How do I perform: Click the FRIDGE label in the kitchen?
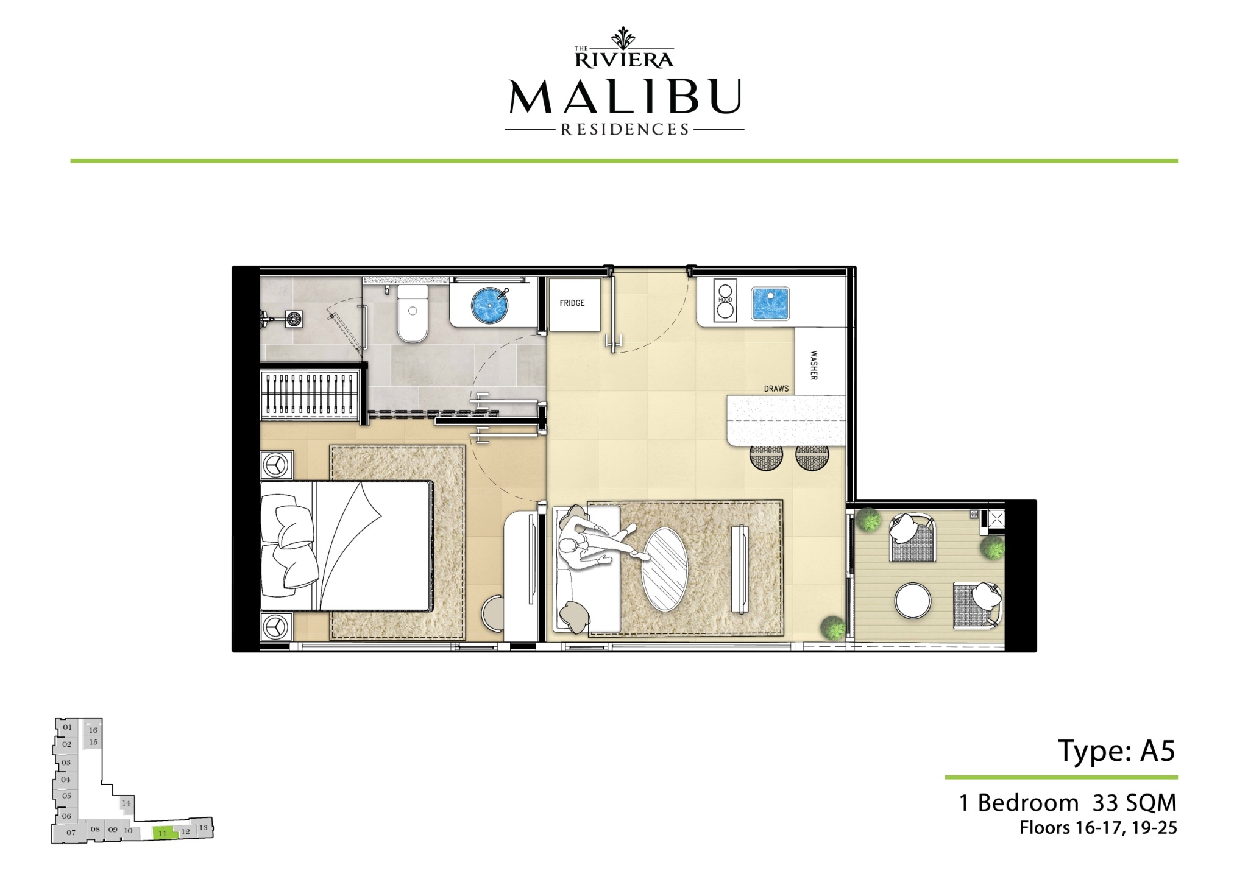pos(572,303)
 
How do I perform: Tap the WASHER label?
pos(813,365)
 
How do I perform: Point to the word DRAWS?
pos(776,389)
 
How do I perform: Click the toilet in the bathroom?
pos(413,314)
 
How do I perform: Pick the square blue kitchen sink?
pos(770,303)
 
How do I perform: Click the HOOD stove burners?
pos(725,300)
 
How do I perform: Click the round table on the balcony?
pos(913,601)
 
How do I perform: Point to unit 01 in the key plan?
pos(68,727)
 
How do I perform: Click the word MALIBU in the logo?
pos(625,97)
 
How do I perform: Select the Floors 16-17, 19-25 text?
pos(1098,828)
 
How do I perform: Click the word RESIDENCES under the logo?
pos(625,129)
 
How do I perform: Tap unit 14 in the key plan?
pos(126,803)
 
